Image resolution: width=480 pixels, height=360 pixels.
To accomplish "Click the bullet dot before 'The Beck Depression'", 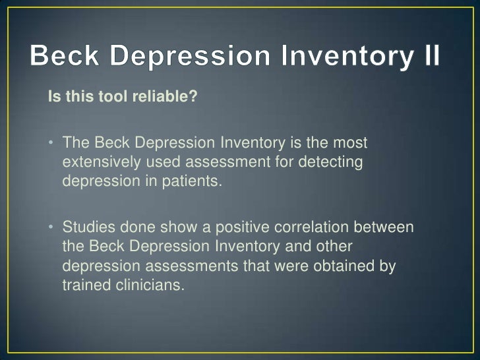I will [51, 143].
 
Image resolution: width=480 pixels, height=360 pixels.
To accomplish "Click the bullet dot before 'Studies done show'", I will [51, 227].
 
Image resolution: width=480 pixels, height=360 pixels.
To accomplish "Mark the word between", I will [388, 227].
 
